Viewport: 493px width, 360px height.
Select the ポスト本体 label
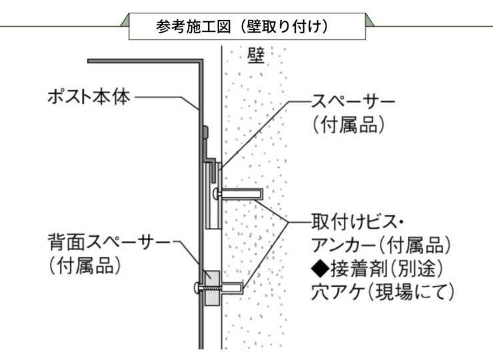coord(88,97)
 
